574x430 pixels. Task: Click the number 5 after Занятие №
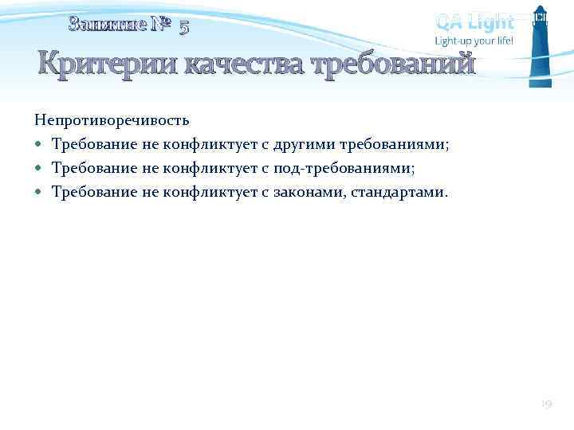tap(184, 27)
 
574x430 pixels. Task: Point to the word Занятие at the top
tap(108, 25)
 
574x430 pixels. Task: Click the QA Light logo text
tap(474, 21)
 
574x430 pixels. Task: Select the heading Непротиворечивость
tap(112, 121)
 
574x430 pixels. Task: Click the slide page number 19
tap(547, 405)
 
